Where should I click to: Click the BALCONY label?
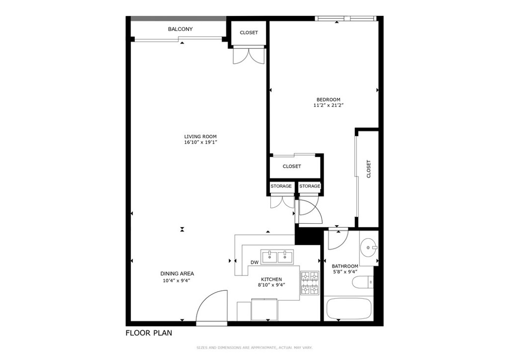180,29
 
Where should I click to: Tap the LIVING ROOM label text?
200,137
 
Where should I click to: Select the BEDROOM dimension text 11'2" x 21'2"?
329,105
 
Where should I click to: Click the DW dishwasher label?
254,263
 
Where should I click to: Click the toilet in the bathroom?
362,283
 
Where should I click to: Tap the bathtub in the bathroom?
348,309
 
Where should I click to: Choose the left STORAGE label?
281,186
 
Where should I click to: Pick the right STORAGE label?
310,186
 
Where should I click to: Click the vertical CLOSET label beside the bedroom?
368,169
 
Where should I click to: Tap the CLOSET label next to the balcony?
249,33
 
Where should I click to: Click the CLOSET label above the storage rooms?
292,167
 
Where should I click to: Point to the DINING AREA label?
177,273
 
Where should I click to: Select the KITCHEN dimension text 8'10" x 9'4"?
271,285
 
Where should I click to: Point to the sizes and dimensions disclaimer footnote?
254,348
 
